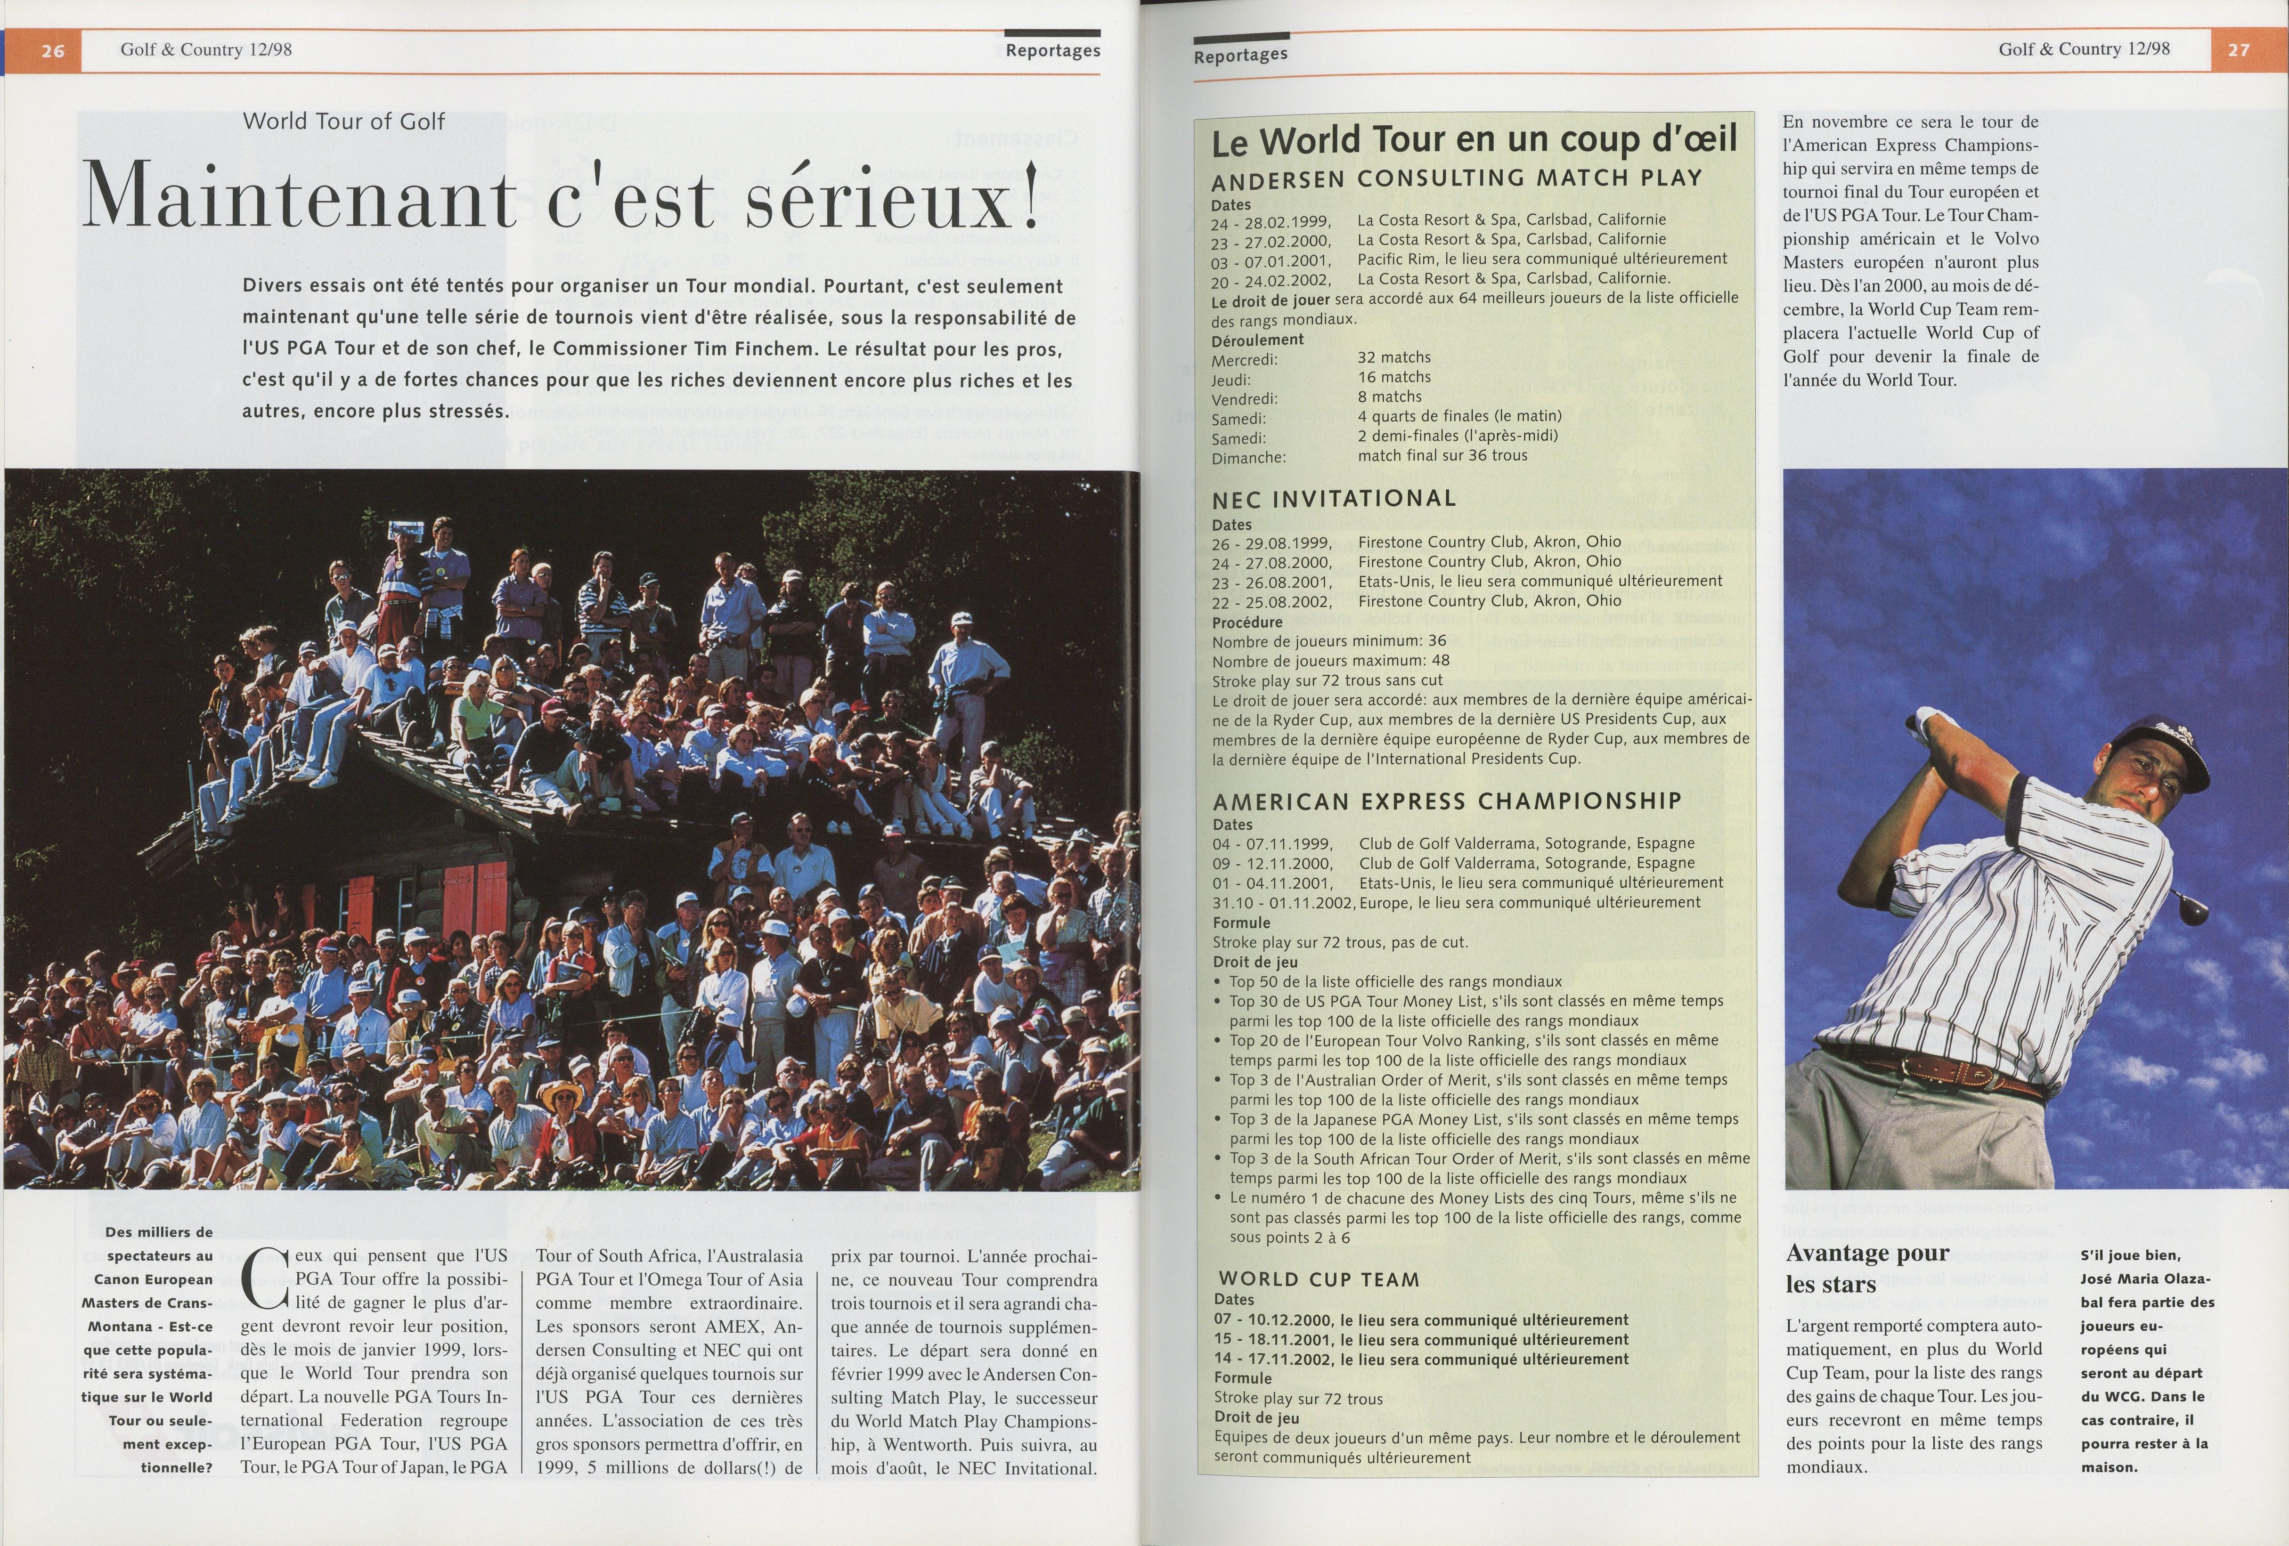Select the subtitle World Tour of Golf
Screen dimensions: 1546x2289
(x=344, y=121)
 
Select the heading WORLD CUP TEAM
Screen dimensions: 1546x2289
(x=1319, y=1279)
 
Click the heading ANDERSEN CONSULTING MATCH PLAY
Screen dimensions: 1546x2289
(x=1457, y=178)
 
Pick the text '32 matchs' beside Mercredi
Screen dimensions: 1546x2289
(x=1393, y=357)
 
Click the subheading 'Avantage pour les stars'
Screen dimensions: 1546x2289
(x=1866, y=1268)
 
